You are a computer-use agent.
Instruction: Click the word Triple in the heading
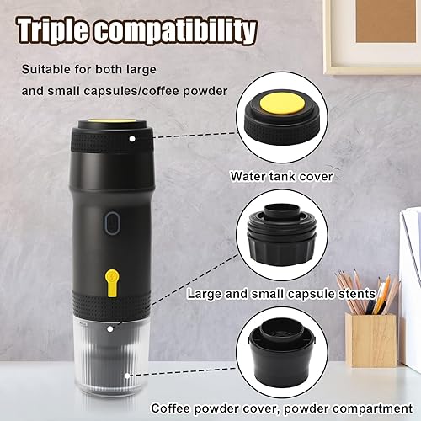(x=54, y=30)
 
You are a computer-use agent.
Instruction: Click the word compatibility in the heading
(x=175, y=31)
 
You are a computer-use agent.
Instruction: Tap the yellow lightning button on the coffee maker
(x=112, y=283)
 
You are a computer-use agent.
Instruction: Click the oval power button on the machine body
(x=113, y=223)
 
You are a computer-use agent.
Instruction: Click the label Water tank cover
(x=281, y=176)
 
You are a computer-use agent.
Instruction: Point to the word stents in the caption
(x=357, y=294)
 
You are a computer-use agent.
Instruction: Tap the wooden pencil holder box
(x=371, y=340)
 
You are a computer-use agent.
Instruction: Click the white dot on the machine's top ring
(x=132, y=139)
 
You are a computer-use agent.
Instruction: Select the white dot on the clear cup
(x=127, y=376)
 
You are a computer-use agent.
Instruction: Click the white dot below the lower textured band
(x=110, y=328)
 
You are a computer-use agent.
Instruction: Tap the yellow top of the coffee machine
(x=112, y=121)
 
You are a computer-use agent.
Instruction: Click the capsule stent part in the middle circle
(x=282, y=235)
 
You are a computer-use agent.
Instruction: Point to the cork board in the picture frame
(x=386, y=21)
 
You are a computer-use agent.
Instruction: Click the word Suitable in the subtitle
(x=45, y=69)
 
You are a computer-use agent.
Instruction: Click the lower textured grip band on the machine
(x=112, y=306)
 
